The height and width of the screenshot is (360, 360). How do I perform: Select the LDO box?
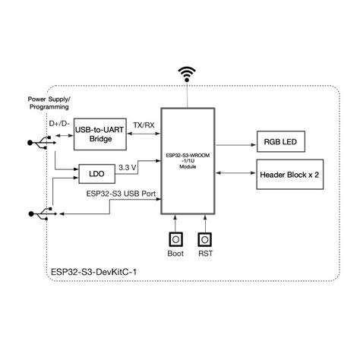[x=97, y=174]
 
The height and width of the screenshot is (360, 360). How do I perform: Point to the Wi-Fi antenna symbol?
[x=186, y=75]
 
